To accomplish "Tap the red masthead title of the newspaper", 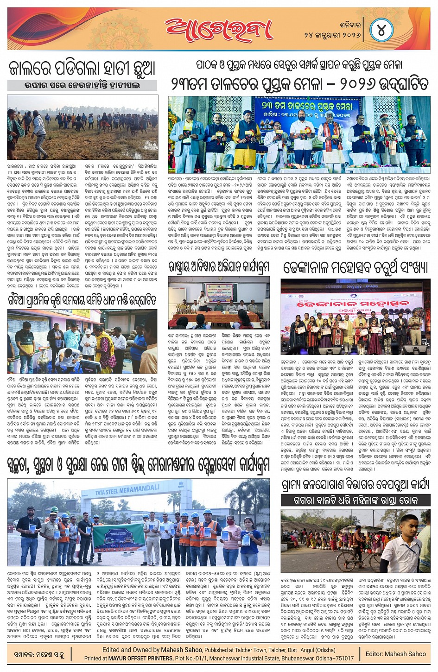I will tap(219, 29).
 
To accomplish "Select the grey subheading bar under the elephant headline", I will tap(82, 85).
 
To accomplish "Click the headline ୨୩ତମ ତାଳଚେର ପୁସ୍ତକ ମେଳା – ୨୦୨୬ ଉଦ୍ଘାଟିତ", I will tap(299, 84).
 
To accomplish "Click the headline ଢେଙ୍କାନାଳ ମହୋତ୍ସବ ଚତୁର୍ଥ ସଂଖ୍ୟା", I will tap(355, 268).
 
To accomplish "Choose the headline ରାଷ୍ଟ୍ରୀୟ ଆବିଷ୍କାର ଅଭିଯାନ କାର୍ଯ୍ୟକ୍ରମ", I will tap(219, 267).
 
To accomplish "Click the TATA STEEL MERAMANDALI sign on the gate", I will tap(127, 490).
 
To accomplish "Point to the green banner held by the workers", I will tap(119, 538).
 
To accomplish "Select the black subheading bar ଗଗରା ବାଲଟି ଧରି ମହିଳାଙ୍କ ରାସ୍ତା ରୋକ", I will tap(355, 500).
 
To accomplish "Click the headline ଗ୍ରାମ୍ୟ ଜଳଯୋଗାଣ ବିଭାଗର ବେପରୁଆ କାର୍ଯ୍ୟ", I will tap(355, 485).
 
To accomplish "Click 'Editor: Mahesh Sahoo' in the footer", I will tap(395, 653).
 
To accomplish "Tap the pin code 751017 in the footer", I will tap(343, 658).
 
